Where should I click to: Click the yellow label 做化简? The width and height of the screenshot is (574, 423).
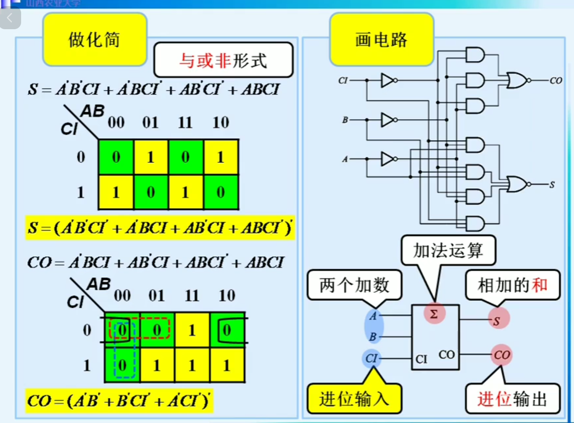click(94, 40)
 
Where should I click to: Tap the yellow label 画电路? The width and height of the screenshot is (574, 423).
click(381, 40)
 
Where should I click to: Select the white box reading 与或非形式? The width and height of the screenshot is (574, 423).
click(223, 60)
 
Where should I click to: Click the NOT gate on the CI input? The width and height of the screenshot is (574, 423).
click(388, 80)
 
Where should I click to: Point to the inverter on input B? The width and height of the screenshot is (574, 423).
click(388, 120)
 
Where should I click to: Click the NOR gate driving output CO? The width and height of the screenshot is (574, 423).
click(517, 80)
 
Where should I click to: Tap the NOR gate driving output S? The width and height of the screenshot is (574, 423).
click(517, 184)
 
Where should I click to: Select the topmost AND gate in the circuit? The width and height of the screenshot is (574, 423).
click(475, 55)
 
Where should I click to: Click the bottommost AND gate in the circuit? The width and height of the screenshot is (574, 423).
click(475, 223)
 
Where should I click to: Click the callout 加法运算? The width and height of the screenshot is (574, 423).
click(448, 250)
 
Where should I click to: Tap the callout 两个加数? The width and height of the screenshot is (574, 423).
click(354, 285)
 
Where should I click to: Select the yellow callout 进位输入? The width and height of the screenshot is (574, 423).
click(354, 399)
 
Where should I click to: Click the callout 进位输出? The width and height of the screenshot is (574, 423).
click(512, 399)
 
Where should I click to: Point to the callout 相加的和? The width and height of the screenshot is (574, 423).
click(512, 285)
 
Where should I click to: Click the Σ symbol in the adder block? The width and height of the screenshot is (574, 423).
click(434, 314)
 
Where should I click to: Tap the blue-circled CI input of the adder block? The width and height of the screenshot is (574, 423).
click(371, 358)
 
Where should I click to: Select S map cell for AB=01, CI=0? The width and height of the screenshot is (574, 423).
click(151, 157)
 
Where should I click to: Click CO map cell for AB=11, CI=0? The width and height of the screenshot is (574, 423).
click(192, 330)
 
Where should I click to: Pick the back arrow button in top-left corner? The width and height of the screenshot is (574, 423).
click(10, 18)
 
